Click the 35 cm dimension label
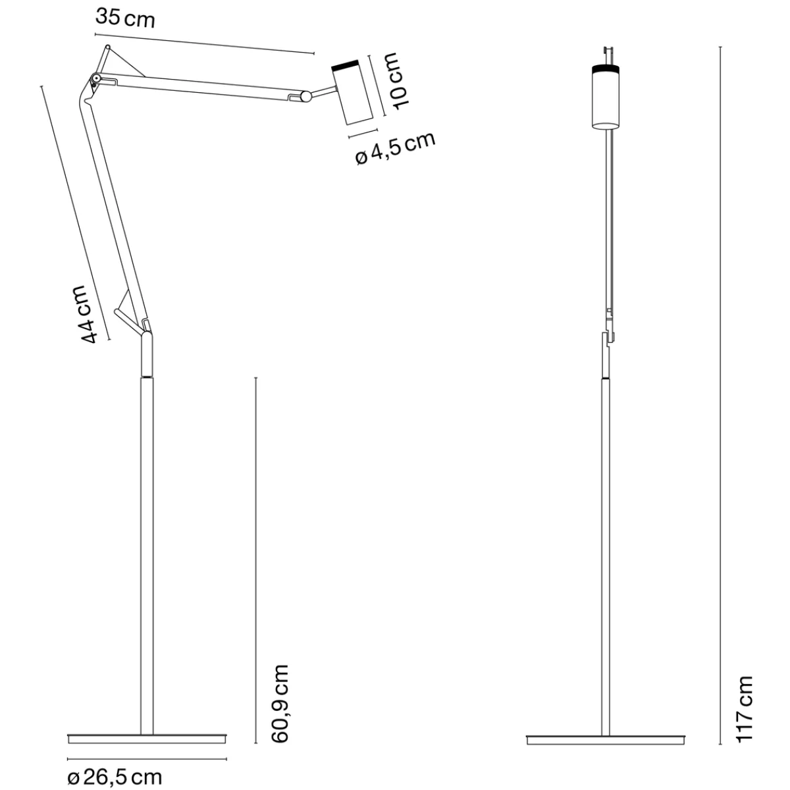click(x=125, y=18)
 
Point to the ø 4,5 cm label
click(x=395, y=148)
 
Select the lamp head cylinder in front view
click(x=606, y=97)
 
